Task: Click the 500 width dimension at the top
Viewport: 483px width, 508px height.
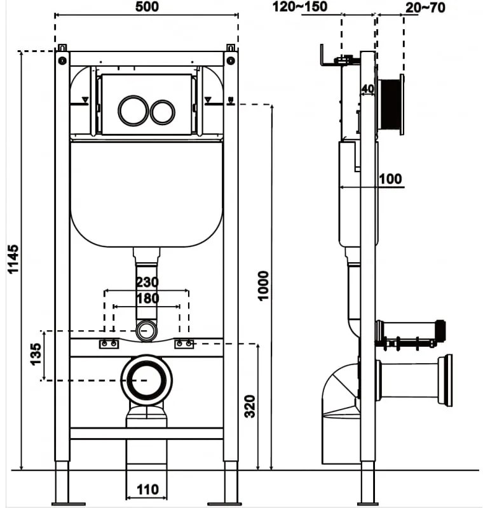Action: point(147,7)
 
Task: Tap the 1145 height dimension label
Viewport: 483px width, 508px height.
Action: point(13,258)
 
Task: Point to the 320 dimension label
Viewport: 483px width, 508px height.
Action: point(249,406)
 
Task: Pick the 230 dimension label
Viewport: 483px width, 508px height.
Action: point(147,281)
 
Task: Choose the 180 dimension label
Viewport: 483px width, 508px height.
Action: point(147,298)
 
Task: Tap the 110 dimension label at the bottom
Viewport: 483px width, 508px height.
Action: point(147,490)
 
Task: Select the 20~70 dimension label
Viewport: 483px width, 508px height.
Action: point(425,7)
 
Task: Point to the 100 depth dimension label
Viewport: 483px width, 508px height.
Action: point(390,179)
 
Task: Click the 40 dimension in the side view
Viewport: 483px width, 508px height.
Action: point(367,89)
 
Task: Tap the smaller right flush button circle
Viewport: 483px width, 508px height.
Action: point(162,112)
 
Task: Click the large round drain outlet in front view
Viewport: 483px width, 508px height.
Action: point(147,380)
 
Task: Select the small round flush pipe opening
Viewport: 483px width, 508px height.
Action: point(147,331)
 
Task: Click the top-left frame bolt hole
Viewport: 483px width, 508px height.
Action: point(62,60)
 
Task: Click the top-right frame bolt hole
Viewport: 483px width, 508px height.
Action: point(231,60)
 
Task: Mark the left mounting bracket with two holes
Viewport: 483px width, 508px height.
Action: point(108,344)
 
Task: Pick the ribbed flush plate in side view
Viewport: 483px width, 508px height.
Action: point(391,105)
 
